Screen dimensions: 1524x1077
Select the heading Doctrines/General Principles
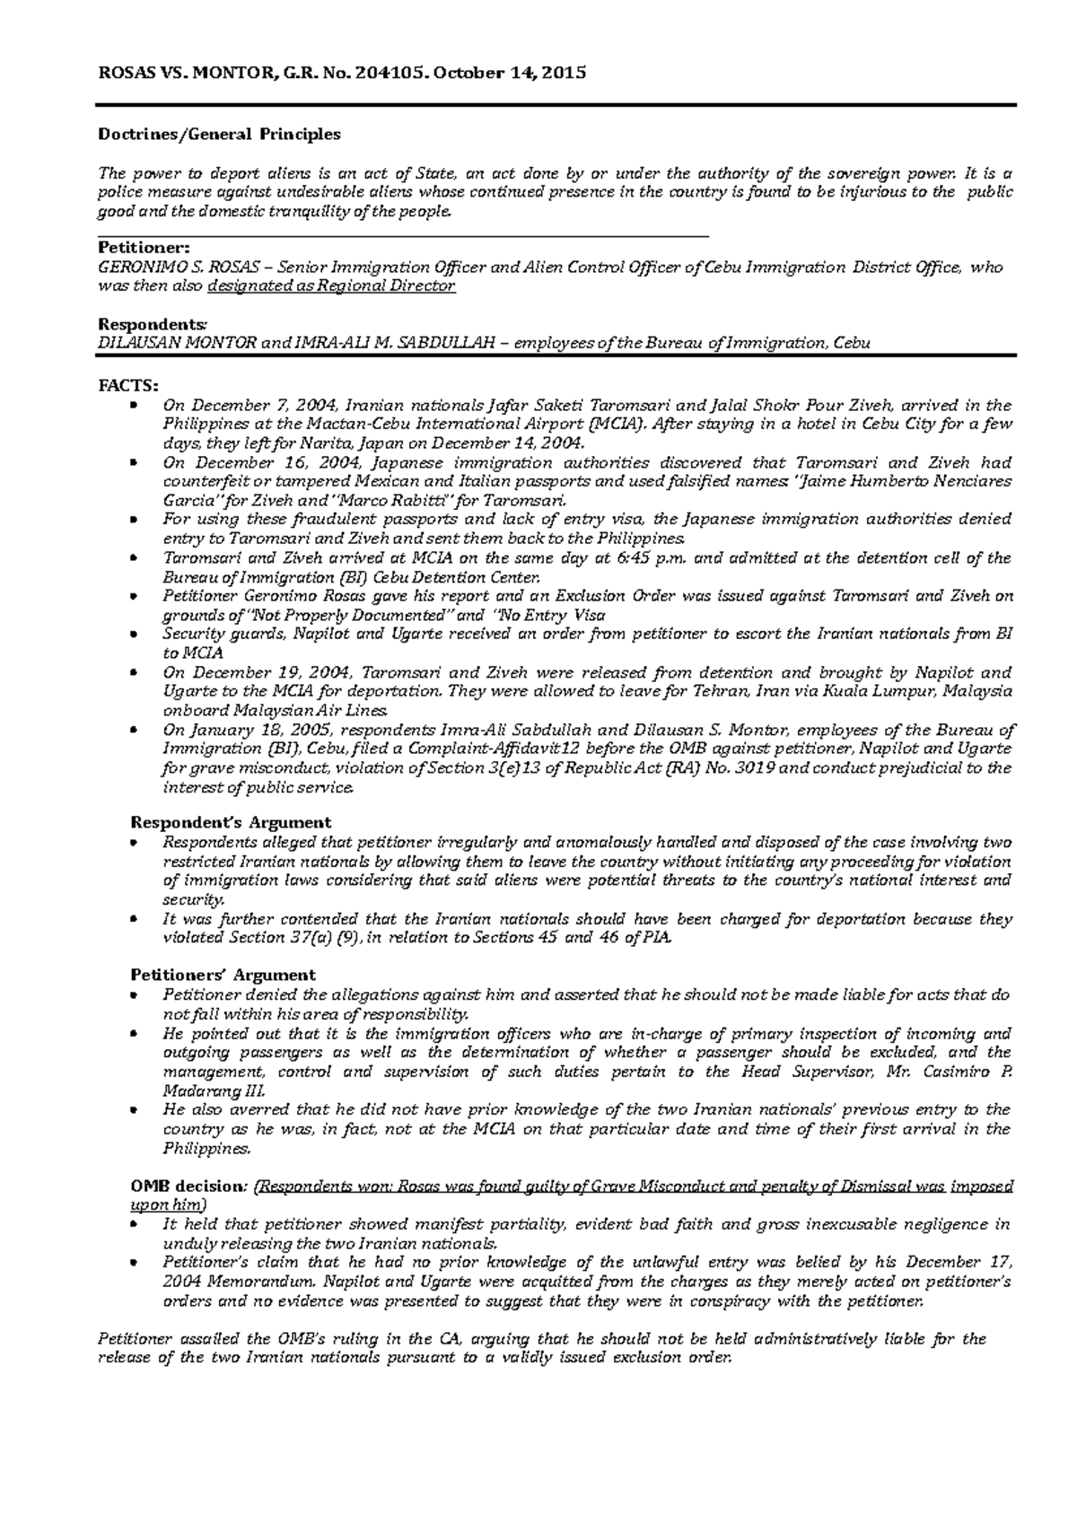pos(219,135)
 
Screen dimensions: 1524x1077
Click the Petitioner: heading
pos(144,248)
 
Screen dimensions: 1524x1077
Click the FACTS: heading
pos(127,386)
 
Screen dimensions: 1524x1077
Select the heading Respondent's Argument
pos(231,822)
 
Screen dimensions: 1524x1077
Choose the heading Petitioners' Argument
pos(223,975)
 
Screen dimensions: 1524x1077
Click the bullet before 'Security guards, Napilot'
pos(134,635)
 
